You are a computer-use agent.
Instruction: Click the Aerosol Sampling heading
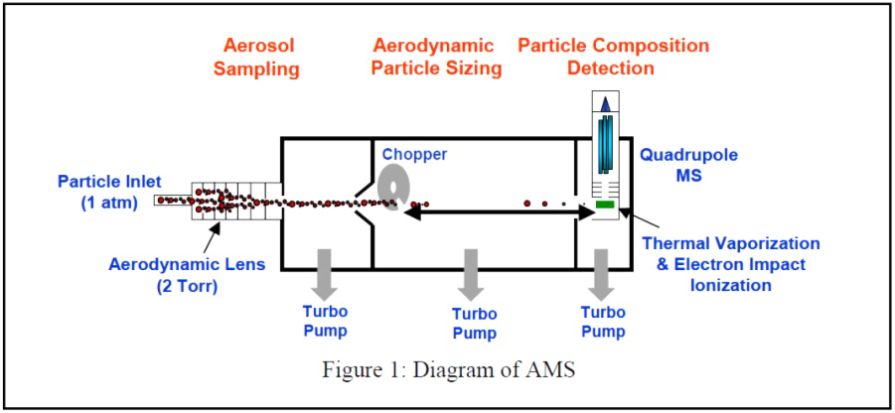tap(261, 57)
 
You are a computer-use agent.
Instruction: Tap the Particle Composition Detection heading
tap(614, 57)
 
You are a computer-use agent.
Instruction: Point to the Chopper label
tap(414, 155)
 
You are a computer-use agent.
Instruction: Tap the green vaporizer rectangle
tap(605, 205)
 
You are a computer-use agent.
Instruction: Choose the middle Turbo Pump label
tap(473, 324)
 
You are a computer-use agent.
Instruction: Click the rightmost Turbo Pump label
tap(603, 322)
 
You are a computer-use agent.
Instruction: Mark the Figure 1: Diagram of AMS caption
tap(448, 370)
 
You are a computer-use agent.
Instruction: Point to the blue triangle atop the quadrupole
tap(605, 102)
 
